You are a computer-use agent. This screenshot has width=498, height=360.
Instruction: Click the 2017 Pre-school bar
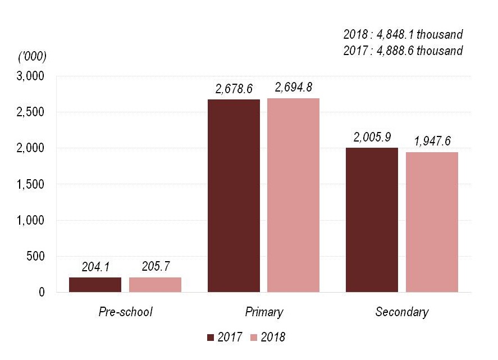point(95,285)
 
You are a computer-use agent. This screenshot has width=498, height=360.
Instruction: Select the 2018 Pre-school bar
point(155,285)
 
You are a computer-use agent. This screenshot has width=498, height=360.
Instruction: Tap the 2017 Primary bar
point(234,195)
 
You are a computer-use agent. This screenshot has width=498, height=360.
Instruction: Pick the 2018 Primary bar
point(293,195)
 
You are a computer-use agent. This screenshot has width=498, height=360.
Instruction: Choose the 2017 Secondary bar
point(372,220)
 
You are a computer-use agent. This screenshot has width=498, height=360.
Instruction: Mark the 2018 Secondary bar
point(432,222)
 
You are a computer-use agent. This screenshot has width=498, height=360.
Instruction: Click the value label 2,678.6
point(234,89)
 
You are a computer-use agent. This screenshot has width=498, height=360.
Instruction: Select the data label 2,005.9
point(372,137)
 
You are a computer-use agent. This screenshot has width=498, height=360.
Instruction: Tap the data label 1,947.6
point(432,141)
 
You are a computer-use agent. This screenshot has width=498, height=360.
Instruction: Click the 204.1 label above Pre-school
point(95,267)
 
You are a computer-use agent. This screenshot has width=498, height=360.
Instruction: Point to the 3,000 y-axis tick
point(35,76)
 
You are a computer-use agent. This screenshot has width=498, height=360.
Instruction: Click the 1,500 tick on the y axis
point(35,184)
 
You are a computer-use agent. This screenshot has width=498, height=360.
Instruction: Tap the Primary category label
point(264,312)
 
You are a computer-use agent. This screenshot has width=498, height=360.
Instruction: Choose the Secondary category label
point(401,312)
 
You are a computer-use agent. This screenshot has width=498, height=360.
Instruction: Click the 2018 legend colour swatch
point(253,337)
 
